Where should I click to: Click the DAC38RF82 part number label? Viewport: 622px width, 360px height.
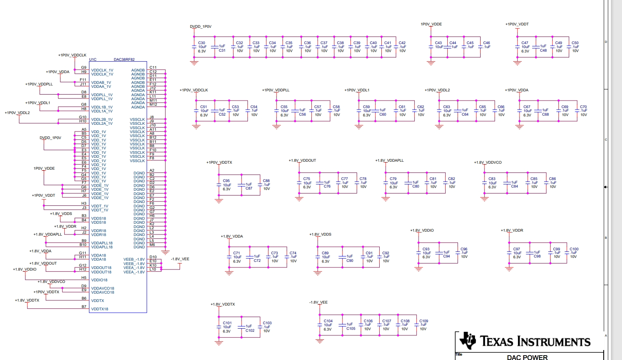click(x=124, y=60)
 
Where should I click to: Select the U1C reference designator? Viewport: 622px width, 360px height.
click(x=93, y=60)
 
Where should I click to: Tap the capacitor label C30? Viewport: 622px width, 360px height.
click(x=202, y=43)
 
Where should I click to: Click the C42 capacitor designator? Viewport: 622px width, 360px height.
click(x=402, y=43)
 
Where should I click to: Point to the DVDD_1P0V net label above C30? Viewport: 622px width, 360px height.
click(x=201, y=27)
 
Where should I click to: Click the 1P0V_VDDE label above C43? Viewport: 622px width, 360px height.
click(x=431, y=24)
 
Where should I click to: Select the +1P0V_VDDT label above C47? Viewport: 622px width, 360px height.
click(x=517, y=24)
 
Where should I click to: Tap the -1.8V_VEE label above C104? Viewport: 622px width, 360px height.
click(x=319, y=302)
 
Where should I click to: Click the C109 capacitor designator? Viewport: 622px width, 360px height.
click(x=424, y=321)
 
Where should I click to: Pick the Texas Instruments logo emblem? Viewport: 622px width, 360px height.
click(x=467, y=341)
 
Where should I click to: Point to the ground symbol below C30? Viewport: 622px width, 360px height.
click(x=194, y=62)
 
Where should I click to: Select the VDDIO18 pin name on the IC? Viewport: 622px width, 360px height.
click(x=99, y=280)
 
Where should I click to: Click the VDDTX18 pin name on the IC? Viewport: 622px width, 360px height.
click(x=100, y=309)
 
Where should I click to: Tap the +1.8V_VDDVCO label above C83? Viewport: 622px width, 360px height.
click(x=488, y=163)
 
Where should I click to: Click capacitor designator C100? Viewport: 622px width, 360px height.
click(x=574, y=249)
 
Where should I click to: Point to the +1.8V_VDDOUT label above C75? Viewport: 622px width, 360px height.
click(x=302, y=161)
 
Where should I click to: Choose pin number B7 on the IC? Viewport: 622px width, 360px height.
click(x=84, y=307)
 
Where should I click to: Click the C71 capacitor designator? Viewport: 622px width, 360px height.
click(x=236, y=253)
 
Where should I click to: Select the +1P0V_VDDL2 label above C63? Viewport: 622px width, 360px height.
click(x=437, y=90)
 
